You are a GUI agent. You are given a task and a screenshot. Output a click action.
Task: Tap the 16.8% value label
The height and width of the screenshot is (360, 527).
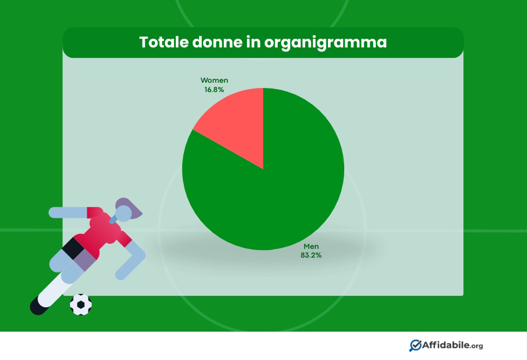coord(214,89)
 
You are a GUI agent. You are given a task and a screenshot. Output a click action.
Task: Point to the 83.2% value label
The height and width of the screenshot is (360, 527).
coord(311,255)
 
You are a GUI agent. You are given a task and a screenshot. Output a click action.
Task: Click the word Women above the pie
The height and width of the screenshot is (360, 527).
coord(214,80)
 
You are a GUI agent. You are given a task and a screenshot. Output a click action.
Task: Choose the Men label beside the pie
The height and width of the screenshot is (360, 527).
coord(311,247)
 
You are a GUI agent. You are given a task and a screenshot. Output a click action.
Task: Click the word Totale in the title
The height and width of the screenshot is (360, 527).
coord(163,42)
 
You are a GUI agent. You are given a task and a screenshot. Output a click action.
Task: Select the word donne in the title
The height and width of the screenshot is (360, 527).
coord(217,42)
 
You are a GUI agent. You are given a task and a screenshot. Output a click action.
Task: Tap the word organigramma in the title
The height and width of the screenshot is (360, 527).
coord(325,43)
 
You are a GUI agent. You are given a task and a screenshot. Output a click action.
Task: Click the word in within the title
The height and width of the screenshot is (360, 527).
coord(253,42)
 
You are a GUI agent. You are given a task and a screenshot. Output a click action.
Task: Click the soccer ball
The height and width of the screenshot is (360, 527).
coord(80,304)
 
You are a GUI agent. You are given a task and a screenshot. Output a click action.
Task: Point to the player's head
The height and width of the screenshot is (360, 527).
coord(123,214)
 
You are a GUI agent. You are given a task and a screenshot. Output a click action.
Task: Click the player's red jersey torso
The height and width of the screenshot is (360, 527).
coord(101,232)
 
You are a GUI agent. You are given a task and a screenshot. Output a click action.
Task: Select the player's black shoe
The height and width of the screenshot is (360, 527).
coord(39,305)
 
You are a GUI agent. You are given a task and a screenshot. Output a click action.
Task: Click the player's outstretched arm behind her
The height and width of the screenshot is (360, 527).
coord(69,212)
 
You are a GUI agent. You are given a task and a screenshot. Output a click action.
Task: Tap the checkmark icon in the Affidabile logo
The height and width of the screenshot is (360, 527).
coord(415,346)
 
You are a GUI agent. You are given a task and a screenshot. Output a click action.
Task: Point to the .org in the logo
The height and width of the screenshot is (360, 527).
coord(477,346)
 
